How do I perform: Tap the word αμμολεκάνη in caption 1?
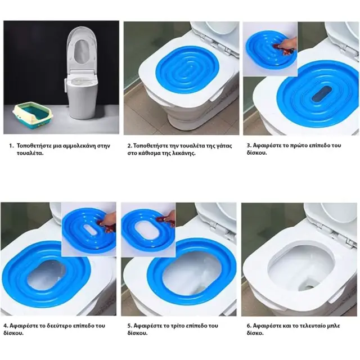click(x=79, y=146)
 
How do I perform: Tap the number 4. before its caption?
click(x=6, y=326)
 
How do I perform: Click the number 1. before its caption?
click(x=11, y=146)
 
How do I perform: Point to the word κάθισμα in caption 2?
click(x=151, y=154)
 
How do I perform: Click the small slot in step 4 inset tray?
click(x=90, y=230)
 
